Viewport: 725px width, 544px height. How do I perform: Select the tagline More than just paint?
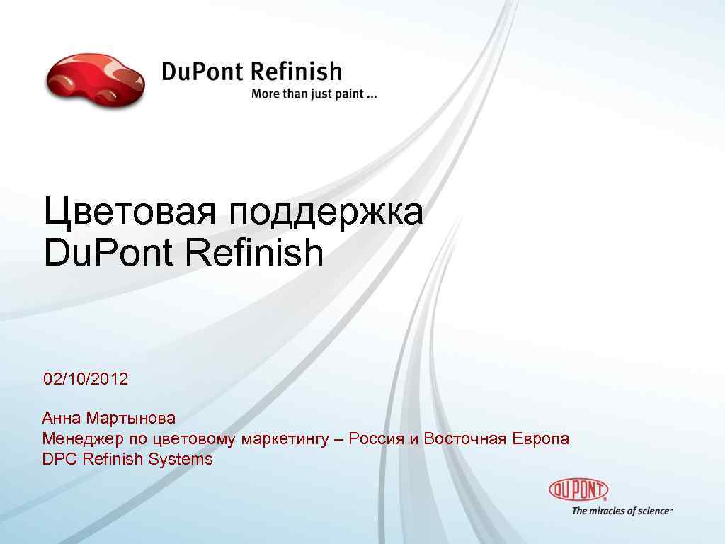(314, 95)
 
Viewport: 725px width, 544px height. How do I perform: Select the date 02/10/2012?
(86, 379)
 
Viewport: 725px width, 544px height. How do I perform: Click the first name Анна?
(61, 419)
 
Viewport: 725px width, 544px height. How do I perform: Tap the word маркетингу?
(285, 440)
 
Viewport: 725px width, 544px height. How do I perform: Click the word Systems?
(181, 460)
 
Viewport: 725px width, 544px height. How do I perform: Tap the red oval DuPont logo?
(578, 489)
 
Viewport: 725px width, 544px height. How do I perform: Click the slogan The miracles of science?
(622, 511)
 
